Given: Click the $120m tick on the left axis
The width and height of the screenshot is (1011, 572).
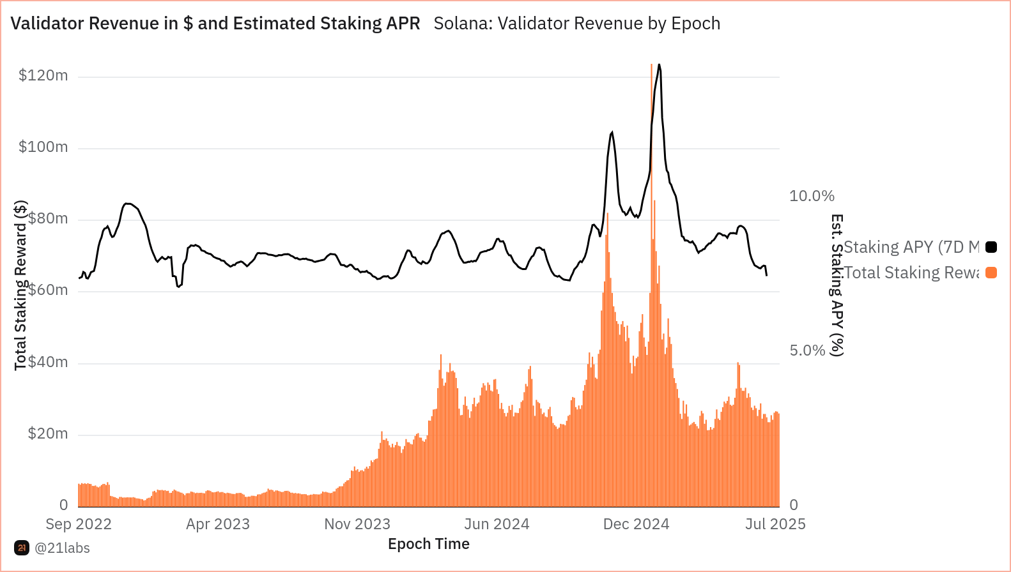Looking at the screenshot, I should click(x=43, y=75).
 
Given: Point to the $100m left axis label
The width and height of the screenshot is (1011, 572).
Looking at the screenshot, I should click(x=43, y=147).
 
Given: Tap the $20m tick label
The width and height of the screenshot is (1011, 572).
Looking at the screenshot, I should click(x=47, y=434).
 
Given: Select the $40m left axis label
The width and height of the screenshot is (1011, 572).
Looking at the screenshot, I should click(x=47, y=362).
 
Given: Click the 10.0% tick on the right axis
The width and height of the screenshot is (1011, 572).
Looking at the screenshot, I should click(x=812, y=196).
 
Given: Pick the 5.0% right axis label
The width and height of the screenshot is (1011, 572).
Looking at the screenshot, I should click(x=807, y=350).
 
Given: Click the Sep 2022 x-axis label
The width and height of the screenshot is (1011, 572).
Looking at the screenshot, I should click(x=79, y=524).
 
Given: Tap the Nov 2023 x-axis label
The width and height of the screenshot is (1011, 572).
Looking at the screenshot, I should click(x=357, y=524).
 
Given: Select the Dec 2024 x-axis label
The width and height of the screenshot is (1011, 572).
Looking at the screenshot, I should click(x=636, y=524).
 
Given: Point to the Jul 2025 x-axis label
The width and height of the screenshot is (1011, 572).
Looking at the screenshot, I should click(x=775, y=524).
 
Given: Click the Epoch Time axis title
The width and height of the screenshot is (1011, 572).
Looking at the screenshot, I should click(x=429, y=544).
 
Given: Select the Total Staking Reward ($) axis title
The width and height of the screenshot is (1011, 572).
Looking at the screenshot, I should click(x=20, y=285).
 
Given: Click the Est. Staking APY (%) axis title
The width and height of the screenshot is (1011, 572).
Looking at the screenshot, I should click(x=837, y=285).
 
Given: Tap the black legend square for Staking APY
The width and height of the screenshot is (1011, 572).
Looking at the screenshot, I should click(x=991, y=247).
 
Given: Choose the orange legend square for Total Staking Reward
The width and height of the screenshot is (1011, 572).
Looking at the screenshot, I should click(x=991, y=273).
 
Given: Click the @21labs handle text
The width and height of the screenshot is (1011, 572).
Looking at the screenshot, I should click(x=62, y=548).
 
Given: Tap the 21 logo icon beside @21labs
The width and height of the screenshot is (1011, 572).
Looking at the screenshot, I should click(x=22, y=548).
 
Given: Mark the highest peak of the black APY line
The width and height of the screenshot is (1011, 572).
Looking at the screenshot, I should click(x=659, y=64).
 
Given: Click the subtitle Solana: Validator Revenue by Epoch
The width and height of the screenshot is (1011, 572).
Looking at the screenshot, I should click(x=576, y=24).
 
